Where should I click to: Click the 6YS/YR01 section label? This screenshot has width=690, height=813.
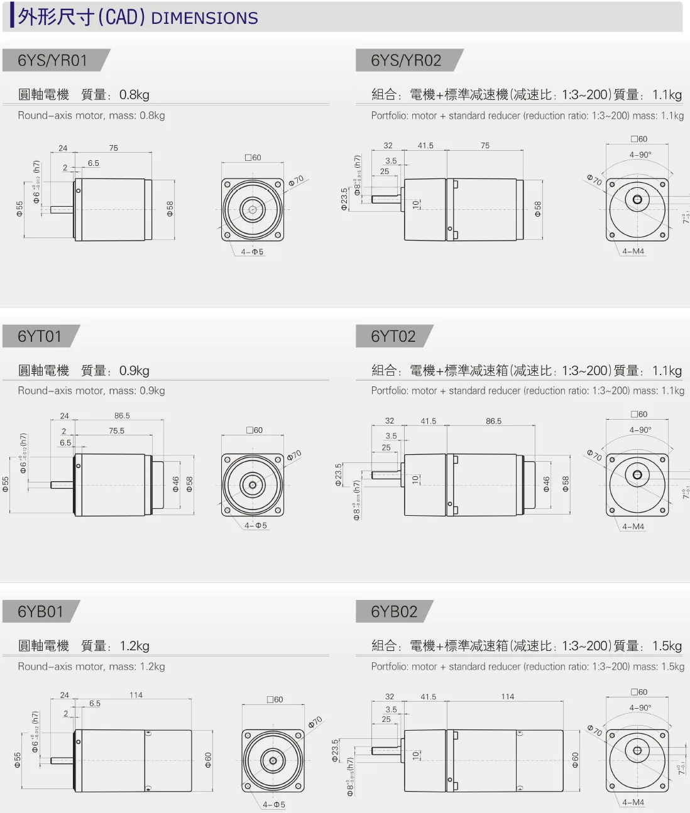point(53,60)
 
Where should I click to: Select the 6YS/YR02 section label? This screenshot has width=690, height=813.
point(406,60)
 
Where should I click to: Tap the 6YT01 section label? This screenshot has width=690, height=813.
point(40,336)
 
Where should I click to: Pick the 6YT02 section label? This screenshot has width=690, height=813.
point(393,336)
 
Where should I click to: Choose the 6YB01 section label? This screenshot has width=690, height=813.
point(40,611)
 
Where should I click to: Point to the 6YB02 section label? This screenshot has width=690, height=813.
point(394,611)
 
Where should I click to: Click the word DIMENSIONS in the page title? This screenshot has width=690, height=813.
point(205,18)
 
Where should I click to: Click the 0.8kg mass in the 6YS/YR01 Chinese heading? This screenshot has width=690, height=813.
point(134,95)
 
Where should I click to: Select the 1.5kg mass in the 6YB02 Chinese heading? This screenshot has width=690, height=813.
point(667,646)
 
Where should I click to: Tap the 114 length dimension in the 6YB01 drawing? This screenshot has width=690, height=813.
point(136,695)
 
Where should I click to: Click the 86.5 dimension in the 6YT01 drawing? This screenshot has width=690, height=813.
point(122,415)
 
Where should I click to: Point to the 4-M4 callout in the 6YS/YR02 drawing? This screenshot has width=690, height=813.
point(633,251)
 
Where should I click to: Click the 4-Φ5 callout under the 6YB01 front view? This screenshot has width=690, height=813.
point(274,804)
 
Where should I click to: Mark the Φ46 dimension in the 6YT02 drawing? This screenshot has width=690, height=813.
point(546,484)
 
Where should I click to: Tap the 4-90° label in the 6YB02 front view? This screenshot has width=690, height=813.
point(640,707)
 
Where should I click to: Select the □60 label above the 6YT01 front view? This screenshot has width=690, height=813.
point(255,430)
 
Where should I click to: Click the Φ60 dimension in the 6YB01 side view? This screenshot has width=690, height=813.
point(208,760)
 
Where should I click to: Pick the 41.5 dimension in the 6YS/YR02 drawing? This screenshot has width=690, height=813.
point(425,146)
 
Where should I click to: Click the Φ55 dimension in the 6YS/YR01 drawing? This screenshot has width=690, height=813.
point(19,209)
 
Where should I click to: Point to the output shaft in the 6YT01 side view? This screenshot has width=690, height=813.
point(62,484)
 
